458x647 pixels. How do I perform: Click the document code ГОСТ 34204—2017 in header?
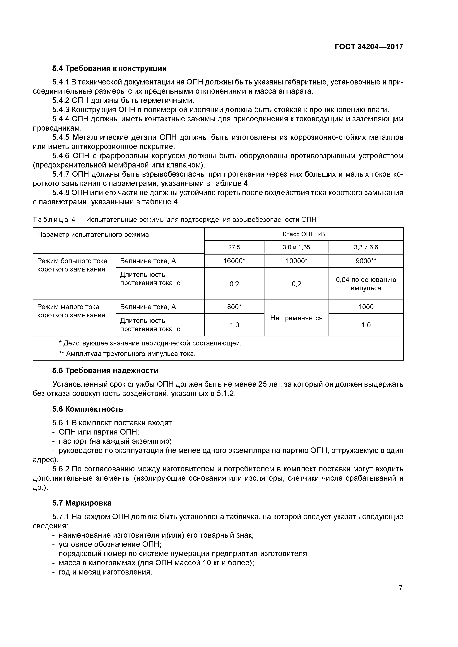point(369,47)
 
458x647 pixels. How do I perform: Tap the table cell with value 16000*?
point(234,261)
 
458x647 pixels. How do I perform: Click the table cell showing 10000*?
point(296,261)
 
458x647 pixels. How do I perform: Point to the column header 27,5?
point(234,247)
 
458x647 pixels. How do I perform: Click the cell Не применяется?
point(296,318)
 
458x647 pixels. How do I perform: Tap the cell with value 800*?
point(234,307)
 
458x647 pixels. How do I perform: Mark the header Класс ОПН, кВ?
point(303,234)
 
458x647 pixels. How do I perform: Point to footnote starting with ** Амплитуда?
point(127,354)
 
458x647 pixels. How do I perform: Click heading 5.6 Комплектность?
point(88,409)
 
